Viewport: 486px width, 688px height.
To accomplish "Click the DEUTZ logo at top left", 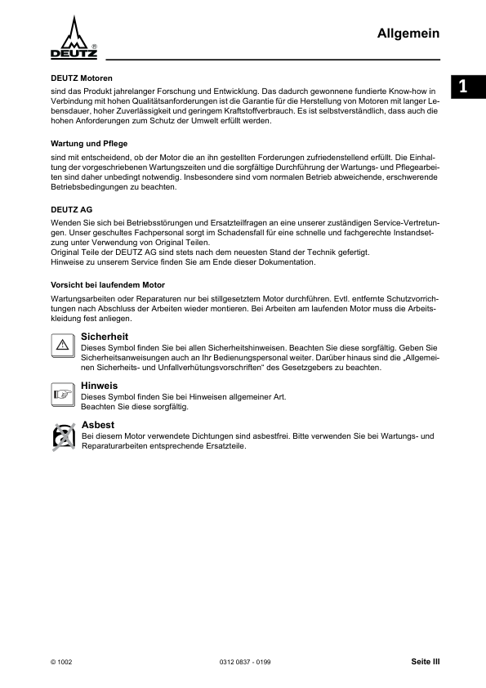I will (x=74, y=38).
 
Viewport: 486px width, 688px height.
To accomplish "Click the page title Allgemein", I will (x=408, y=33).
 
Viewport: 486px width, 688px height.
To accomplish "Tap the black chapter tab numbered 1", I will (x=464, y=86).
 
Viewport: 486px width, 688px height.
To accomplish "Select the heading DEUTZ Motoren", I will (x=82, y=78).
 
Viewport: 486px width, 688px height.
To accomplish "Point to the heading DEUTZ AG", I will (x=72, y=209).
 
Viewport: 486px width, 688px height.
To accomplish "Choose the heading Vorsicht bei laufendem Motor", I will (x=108, y=285).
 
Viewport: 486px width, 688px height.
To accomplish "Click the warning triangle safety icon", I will (x=63, y=344).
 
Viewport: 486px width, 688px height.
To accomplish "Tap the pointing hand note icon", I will (x=63, y=393).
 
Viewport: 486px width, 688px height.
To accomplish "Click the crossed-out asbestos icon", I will (x=63, y=437).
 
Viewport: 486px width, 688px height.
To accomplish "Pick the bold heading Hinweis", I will (x=100, y=385).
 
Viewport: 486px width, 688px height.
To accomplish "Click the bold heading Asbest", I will (x=98, y=425).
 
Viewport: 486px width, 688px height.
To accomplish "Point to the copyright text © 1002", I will (x=61, y=661).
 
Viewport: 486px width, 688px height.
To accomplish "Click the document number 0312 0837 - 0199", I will (x=245, y=661).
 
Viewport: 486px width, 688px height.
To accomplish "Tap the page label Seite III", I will (x=425, y=661).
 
